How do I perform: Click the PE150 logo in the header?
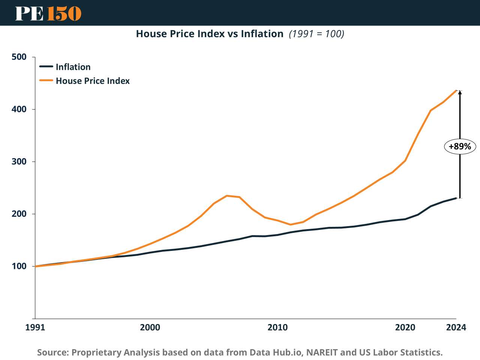click(48, 13)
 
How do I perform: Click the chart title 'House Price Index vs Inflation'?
click(210, 34)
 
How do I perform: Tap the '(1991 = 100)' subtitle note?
click(316, 34)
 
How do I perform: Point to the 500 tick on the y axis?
click(19, 57)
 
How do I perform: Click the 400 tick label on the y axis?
click(19, 109)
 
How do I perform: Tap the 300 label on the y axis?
click(19, 162)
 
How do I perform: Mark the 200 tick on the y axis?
click(19, 214)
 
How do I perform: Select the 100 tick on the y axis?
click(19, 266)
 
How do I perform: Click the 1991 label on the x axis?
click(35, 327)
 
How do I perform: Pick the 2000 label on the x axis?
click(150, 327)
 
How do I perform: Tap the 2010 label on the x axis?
click(277, 327)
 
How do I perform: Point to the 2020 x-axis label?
click(405, 327)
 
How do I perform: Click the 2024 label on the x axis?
click(456, 327)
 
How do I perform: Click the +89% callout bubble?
click(460, 146)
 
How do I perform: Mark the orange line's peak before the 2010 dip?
click(227, 196)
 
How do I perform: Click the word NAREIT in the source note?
click(322, 352)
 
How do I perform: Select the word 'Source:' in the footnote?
click(53, 352)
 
